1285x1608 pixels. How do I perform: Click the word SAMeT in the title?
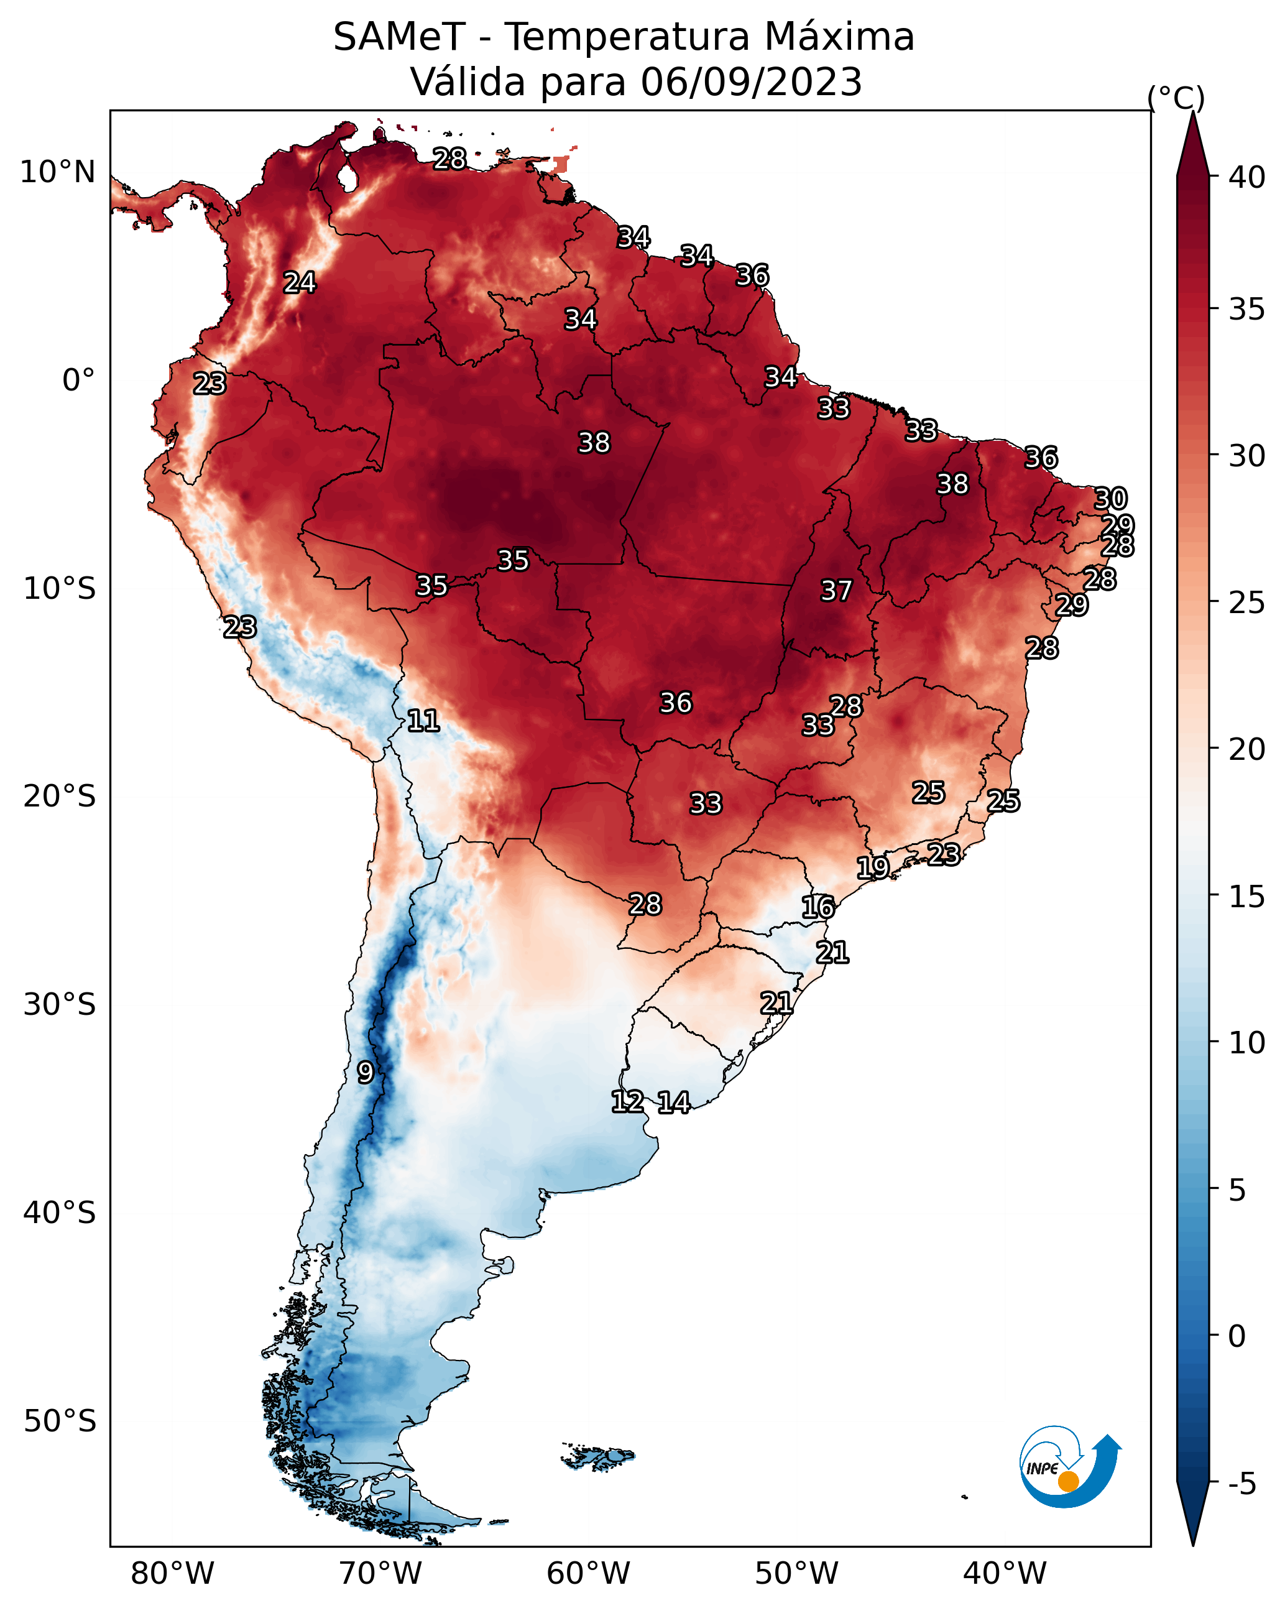point(399,37)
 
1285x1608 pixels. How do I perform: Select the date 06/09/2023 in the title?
point(751,82)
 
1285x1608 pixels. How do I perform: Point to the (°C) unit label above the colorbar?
point(1176,98)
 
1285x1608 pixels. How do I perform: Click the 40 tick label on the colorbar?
point(1247,177)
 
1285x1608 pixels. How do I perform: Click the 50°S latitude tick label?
point(60,1421)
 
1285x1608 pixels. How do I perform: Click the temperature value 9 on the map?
point(366,1073)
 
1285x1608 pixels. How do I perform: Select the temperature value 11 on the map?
point(423,721)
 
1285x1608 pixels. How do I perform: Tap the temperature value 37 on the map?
point(836,591)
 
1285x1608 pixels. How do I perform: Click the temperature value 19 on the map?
point(873,867)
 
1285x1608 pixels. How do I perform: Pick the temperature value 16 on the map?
point(818,907)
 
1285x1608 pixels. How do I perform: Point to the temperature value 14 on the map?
point(674,1102)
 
